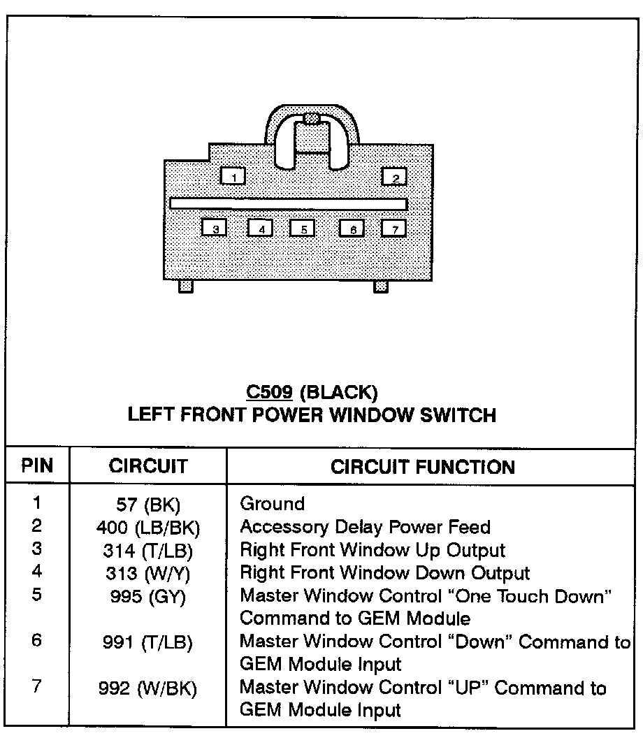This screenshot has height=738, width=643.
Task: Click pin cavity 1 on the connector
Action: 233,175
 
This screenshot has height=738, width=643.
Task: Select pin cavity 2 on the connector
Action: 394,176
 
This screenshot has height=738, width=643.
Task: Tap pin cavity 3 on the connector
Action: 215,228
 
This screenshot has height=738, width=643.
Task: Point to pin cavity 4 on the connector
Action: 260,228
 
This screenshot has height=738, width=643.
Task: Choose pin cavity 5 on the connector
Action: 303,228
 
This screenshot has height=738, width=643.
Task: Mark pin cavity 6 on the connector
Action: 352,228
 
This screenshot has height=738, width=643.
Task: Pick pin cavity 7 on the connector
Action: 394,228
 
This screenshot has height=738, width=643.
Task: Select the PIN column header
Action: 37,466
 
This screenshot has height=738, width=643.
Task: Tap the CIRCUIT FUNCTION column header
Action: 423,466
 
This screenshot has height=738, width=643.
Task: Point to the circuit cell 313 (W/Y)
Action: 149,574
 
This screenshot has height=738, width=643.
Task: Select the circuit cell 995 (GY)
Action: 149,598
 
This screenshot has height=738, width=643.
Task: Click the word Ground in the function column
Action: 273,504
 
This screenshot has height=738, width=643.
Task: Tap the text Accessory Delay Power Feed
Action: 365,527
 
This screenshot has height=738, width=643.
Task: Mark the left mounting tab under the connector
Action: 185,286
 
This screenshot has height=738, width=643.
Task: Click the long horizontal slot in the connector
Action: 288,203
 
